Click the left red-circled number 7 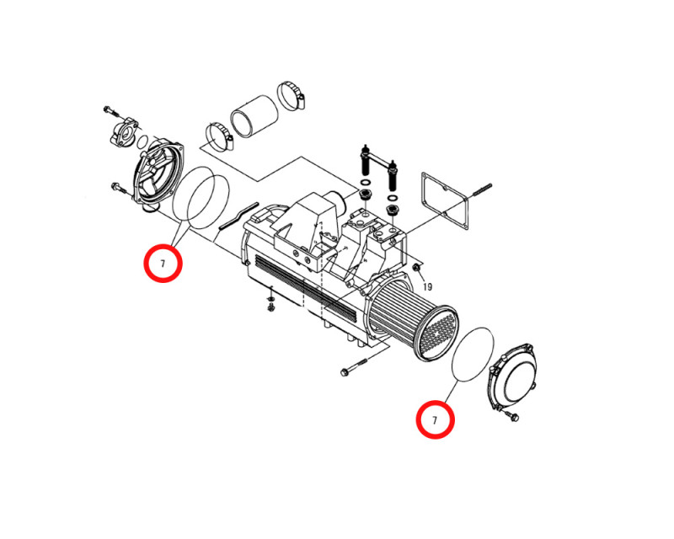tap(163, 263)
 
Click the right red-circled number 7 tap(435, 419)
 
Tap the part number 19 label tap(427, 286)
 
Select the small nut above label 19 tap(416, 269)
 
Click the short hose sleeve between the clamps tap(254, 116)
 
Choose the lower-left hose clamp tap(219, 136)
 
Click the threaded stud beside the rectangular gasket tap(481, 189)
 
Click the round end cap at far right tap(511, 376)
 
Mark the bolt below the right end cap tap(512, 416)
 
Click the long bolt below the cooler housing tap(354, 367)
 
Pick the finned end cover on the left tap(158, 175)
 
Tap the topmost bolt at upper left tap(112, 111)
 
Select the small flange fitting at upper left tap(124, 132)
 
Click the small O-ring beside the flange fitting tap(143, 141)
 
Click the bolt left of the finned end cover tap(119, 188)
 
